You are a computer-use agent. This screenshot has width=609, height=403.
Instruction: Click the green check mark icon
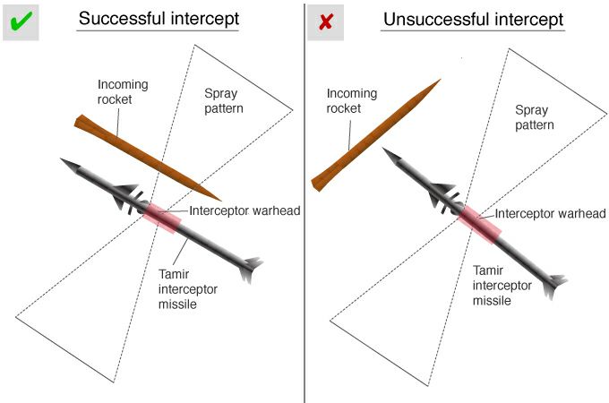click(x=19, y=21)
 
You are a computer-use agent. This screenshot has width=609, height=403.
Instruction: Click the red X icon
click(x=324, y=21)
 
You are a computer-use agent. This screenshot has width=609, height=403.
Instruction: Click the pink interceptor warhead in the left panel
click(x=160, y=217)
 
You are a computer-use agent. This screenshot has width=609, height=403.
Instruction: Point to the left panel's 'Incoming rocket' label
click(x=123, y=91)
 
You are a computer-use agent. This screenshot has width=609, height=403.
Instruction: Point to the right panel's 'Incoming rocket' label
click(x=350, y=99)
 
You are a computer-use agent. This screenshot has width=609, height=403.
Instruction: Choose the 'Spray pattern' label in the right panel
click(x=534, y=117)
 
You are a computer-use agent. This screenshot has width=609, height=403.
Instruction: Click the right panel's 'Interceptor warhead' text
click(x=551, y=214)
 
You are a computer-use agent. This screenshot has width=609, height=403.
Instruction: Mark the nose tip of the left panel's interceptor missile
click(x=64, y=162)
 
